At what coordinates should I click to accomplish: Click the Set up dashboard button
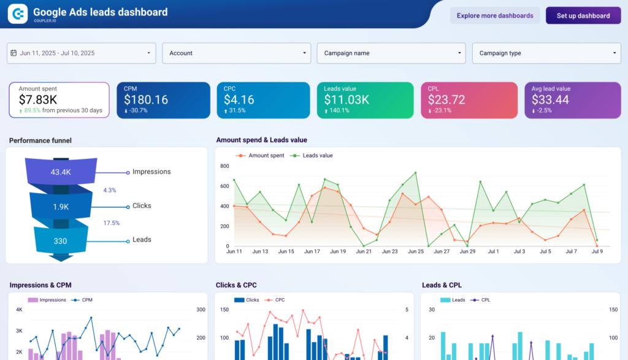583,16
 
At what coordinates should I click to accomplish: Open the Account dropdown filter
236,53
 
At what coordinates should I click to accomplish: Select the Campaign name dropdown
391,53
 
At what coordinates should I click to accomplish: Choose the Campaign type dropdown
546,53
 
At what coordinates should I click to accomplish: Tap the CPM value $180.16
146,99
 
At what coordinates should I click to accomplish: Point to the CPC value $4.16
239,99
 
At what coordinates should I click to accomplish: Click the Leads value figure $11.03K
347,99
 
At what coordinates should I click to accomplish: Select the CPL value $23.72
446,99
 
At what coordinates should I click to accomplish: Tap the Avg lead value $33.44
550,99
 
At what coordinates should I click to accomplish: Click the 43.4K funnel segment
60,172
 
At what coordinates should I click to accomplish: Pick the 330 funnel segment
60,241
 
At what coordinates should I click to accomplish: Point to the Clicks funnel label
142,206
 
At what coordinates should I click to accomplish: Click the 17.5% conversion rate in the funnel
111,223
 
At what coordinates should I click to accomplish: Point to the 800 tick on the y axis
224,166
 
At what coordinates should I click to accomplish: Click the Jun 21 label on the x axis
364,251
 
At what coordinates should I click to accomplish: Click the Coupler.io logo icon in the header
18,13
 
